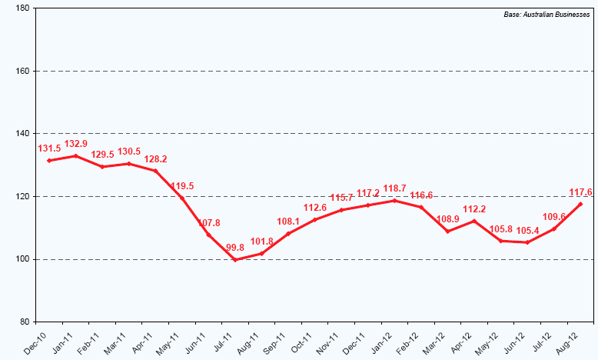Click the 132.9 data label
(75, 144)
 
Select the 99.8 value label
(234, 248)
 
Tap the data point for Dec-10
(49, 160)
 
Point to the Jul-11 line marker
(235, 259)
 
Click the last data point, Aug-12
(580, 204)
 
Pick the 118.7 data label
(394, 188)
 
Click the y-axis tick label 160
(21, 71)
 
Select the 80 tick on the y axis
(23, 322)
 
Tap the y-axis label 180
(21, 8)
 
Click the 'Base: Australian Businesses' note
(553, 15)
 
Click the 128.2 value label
(155, 159)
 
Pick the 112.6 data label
(315, 208)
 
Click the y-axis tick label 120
(21, 196)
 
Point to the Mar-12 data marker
(447, 232)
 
